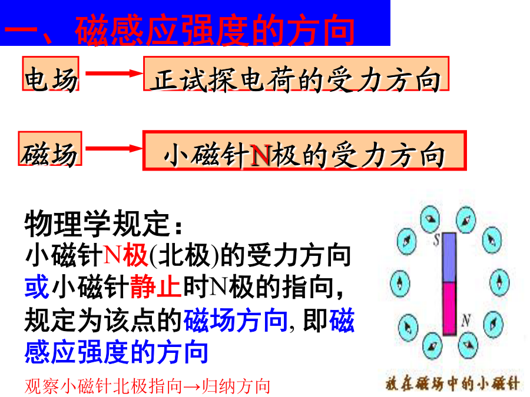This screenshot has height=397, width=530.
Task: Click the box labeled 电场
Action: [x=51, y=74]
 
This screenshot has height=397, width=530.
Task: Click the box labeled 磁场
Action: [x=50, y=149]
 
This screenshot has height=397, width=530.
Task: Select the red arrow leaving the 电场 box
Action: [x=114, y=74]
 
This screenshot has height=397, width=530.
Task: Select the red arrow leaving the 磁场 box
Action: [x=114, y=148]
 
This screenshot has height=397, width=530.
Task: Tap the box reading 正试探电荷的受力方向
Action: [x=296, y=74]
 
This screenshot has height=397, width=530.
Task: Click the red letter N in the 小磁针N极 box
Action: [x=260, y=156]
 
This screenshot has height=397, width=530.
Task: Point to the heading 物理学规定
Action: [x=104, y=223]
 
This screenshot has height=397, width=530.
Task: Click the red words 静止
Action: [x=156, y=287]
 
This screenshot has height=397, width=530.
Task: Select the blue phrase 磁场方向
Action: [x=235, y=320]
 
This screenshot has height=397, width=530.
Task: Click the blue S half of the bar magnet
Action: [x=449, y=258]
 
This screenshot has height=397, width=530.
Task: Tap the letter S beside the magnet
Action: [x=436, y=239]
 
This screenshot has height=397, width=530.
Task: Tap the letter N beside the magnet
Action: [x=466, y=320]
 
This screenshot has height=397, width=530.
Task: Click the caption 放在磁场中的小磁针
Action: [x=453, y=383]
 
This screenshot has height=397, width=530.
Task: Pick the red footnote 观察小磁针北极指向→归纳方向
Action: [x=147, y=386]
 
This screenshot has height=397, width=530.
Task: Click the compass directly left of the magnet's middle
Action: [x=400, y=283]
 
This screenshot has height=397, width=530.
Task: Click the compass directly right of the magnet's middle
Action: [x=499, y=282]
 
